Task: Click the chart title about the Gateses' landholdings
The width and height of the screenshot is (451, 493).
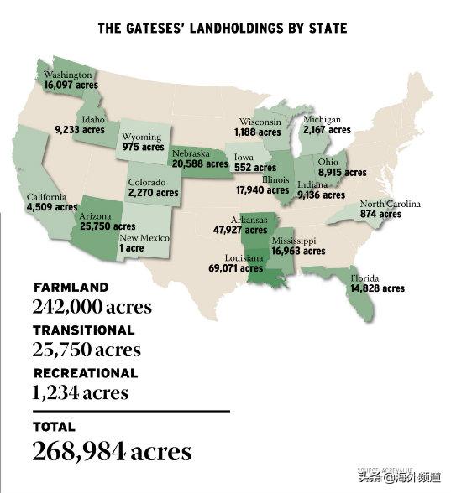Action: point(223,29)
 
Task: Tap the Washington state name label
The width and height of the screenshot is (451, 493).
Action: point(67,75)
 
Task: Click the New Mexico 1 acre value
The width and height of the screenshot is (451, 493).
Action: point(130,248)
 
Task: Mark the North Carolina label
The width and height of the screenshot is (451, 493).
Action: point(391,205)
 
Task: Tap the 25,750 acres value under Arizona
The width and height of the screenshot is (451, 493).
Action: point(108,226)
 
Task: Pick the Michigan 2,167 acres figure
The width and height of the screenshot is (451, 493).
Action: point(327,131)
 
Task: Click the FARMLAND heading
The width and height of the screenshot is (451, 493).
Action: point(71,288)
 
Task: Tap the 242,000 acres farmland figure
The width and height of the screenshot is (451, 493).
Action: point(92,306)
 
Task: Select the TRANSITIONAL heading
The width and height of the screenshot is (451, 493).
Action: point(84,330)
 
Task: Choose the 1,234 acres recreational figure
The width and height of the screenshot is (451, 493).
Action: point(81,392)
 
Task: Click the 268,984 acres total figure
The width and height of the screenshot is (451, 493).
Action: point(112,451)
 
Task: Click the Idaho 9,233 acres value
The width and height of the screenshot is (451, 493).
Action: point(80,130)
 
